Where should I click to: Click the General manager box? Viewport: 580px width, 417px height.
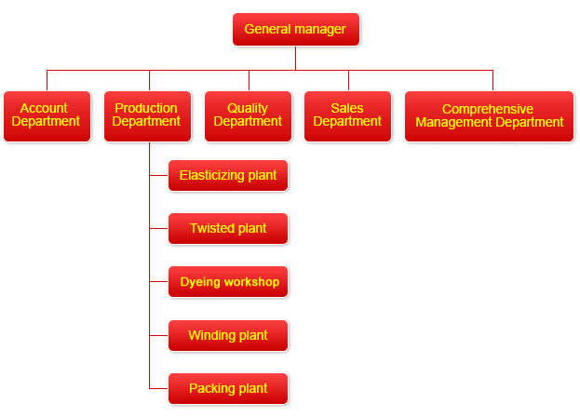[295, 29]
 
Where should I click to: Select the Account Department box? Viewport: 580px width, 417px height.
[47, 115]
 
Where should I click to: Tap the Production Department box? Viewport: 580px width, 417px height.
[147, 115]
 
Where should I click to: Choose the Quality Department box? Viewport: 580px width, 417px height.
[248, 115]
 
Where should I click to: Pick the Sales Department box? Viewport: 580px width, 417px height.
[347, 115]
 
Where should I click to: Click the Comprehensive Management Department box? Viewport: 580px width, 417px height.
[489, 115]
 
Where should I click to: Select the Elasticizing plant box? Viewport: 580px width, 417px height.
[228, 175]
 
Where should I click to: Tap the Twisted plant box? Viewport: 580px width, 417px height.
[228, 228]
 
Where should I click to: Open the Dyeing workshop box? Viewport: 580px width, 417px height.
[228, 282]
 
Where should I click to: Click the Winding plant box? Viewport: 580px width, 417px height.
[228, 335]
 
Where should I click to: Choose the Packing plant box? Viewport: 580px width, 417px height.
[228, 388]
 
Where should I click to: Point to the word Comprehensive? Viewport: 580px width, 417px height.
[488, 109]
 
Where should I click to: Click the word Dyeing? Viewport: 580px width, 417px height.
[200, 282]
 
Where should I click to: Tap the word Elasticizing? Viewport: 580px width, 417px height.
[211, 175]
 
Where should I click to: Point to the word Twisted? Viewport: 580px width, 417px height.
[211, 228]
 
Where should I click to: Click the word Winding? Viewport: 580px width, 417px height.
[211, 335]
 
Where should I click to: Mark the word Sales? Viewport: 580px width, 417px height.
[347, 109]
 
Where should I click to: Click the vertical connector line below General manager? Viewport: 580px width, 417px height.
[296, 57]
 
